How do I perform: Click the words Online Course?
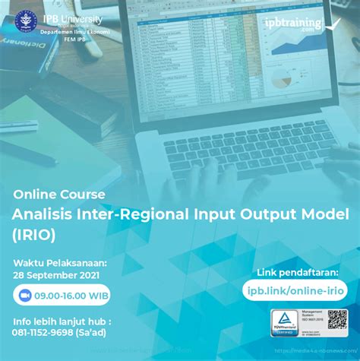tap(58, 194)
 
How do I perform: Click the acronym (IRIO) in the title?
tap(33, 235)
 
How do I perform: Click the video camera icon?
tap(24, 295)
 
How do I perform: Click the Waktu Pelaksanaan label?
tap(60, 263)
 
